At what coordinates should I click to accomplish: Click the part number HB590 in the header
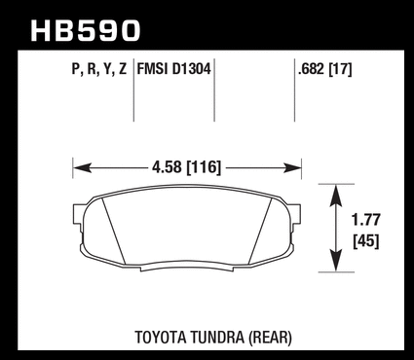pyautogui.click(x=86, y=31)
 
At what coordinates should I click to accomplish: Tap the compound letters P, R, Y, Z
pyautogui.click(x=99, y=69)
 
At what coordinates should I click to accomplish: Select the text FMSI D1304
pyautogui.click(x=174, y=69)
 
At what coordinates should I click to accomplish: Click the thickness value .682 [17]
pyautogui.click(x=324, y=69)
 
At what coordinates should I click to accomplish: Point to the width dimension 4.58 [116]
pyautogui.click(x=186, y=167)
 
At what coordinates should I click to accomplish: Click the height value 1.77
pyautogui.click(x=366, y=220)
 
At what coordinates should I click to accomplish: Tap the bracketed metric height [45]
pyautogui.click(x=366, y=241)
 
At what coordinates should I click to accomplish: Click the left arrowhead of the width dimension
pyautogui.click(x=81, y=168)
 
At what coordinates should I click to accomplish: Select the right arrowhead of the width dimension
pyautogui.click(x=293, y=168)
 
